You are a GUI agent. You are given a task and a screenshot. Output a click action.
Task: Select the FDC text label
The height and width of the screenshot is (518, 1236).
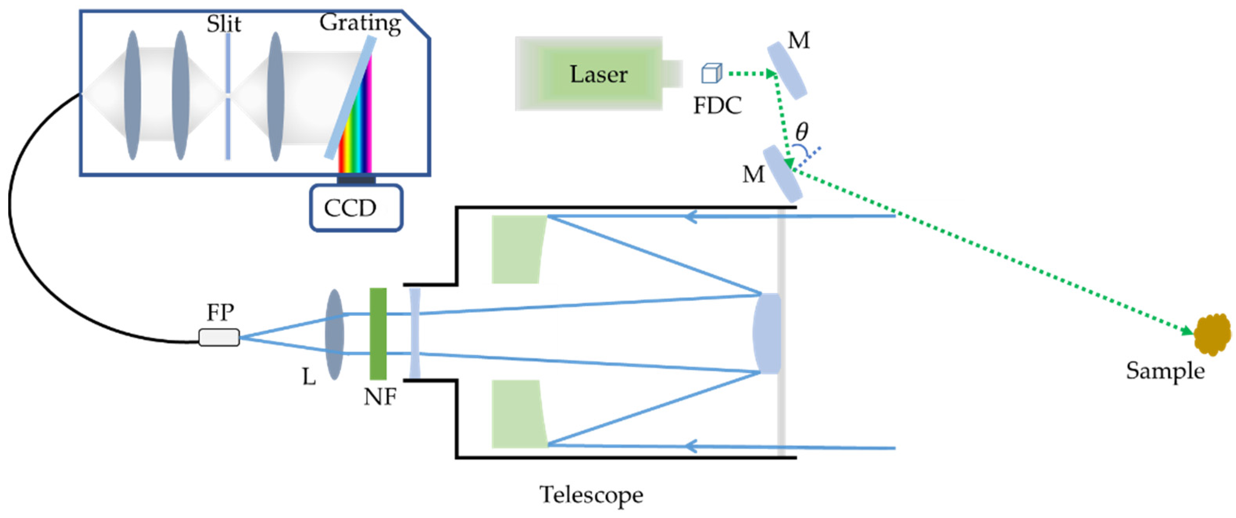[717, 106]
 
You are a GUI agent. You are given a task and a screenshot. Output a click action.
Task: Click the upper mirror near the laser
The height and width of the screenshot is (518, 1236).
[786, 71]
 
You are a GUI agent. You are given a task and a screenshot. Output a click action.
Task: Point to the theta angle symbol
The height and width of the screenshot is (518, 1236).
[802, 131]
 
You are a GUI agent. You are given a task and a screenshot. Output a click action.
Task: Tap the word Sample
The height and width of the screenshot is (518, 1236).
[1165, 371]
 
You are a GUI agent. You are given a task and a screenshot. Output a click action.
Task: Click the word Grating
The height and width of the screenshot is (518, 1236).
[360, 23]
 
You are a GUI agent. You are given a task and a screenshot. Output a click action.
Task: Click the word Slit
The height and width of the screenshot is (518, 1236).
[223, 24]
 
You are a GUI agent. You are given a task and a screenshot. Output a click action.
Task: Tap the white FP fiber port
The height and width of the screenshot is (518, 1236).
[219, 337]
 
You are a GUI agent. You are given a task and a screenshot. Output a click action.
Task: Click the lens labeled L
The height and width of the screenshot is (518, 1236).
[334, 335]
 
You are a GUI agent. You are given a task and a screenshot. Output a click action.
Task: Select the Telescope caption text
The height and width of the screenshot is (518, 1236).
[591, 495]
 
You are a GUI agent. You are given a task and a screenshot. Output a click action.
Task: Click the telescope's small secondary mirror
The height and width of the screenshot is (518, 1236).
[767, 333]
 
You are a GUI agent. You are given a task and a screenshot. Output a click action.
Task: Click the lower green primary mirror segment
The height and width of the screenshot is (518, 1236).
[519, 414]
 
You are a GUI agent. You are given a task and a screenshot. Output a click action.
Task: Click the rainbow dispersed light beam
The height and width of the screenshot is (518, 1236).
[355, 115]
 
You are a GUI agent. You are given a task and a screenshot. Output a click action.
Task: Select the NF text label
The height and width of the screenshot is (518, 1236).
[380, 397]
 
